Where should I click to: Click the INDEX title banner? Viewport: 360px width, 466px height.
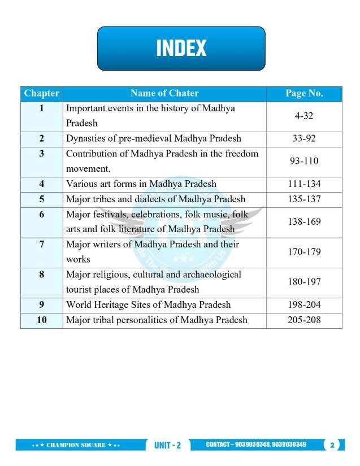(181, 48)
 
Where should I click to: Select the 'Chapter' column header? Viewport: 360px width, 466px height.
(42, 93)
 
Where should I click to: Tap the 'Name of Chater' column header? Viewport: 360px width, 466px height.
(164, 93)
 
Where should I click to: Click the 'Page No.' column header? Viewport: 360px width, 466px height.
(304, 93)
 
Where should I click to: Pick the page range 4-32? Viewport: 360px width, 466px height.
(304, 116)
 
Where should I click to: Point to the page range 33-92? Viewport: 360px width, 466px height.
(304, 138)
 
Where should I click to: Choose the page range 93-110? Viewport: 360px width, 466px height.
(304, 161)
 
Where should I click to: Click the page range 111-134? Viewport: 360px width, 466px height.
(304, 184)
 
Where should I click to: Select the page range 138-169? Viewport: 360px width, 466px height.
(304, 222)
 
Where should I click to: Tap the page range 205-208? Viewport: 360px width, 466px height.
(304, 320)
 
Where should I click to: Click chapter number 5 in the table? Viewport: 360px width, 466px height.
(42, 199)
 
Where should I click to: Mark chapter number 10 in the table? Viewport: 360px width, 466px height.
(42, 320)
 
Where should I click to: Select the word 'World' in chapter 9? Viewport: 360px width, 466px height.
(79, 305)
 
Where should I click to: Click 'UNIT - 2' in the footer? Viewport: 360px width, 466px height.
(168, 445)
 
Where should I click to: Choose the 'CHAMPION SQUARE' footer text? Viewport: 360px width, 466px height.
(76, 445)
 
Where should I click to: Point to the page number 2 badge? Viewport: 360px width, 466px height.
(332, 445)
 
